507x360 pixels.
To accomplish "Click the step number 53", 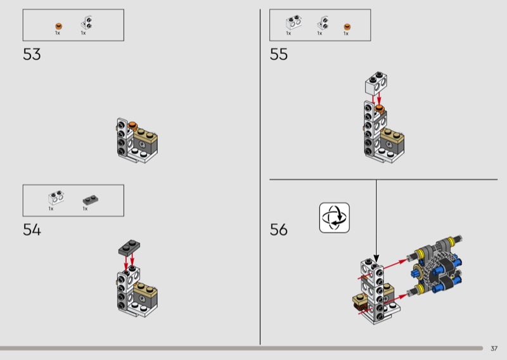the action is pos(32,55).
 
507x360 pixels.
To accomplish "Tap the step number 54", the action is pos(32,229).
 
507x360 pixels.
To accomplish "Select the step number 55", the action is pos(278,55).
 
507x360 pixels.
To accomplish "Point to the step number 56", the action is pos(278,229).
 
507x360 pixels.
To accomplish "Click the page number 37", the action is pos(494,349).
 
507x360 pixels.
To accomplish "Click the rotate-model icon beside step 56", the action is pos(335,217).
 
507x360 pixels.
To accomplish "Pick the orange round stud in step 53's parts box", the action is pos(58,26).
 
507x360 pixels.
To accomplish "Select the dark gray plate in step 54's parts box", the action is pos(91,200).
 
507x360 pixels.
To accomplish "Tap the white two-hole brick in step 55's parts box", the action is pos(293,22).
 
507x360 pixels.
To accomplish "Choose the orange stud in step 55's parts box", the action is pos(347,27).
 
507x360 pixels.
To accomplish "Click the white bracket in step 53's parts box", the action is pos(86,23).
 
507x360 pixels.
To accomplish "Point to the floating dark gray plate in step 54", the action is pos(129,247).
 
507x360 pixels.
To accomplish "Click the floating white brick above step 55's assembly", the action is pos(376,84).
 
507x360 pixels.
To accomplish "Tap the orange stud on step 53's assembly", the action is pos(132,125).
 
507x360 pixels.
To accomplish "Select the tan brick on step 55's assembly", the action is pos(392,134).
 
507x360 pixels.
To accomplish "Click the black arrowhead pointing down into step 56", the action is pos(376,258).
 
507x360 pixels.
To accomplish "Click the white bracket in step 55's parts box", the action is pos(323,23).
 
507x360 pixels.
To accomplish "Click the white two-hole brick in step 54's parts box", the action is pos(56,198).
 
